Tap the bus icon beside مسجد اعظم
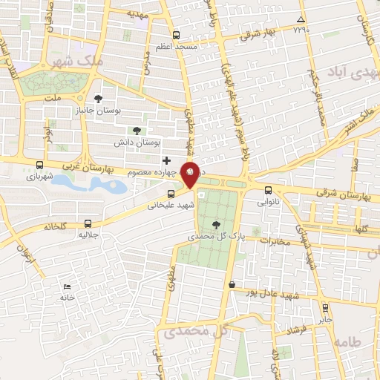176,35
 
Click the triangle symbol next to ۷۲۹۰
300,20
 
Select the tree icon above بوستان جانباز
99,98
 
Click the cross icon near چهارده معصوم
166,160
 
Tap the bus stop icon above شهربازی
39,166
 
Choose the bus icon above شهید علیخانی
171,194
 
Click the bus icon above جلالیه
88,223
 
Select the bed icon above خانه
68,286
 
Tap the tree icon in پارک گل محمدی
216,224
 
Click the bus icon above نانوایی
268,189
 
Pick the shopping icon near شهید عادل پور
232,284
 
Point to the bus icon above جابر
324,306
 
